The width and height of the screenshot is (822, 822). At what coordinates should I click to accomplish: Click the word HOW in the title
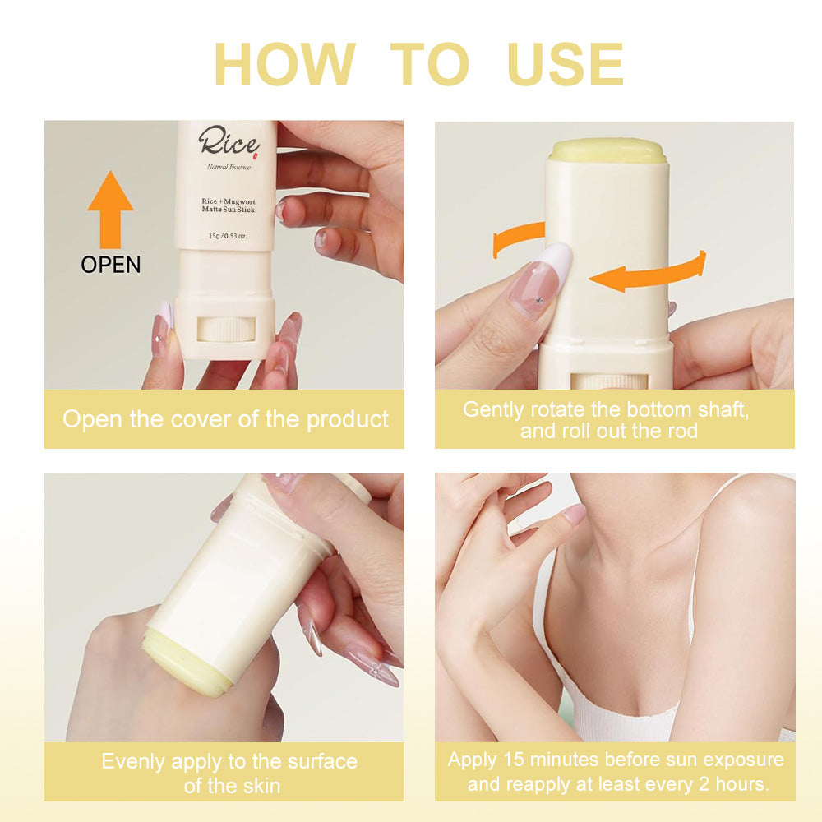pos(284,64)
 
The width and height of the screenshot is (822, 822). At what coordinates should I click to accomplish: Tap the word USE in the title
pos(566,64)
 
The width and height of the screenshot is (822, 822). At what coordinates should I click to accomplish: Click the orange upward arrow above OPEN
pos(110,209)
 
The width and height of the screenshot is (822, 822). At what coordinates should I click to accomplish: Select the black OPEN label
pos(110,265)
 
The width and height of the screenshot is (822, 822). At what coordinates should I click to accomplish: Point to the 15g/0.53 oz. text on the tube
pos(228,235)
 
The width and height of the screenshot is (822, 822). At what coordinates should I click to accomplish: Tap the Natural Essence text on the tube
pos(229,168)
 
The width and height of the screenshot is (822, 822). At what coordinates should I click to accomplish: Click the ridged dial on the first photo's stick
pos(224,329)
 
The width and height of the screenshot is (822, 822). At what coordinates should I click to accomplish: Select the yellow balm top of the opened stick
pos(607,150)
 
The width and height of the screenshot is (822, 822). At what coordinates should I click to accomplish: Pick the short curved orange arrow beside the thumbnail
pos(516,239)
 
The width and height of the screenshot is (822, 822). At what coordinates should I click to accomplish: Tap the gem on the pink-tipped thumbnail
pos(539,301)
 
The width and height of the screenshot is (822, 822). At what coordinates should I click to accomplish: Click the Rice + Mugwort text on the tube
pos(228,201)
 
